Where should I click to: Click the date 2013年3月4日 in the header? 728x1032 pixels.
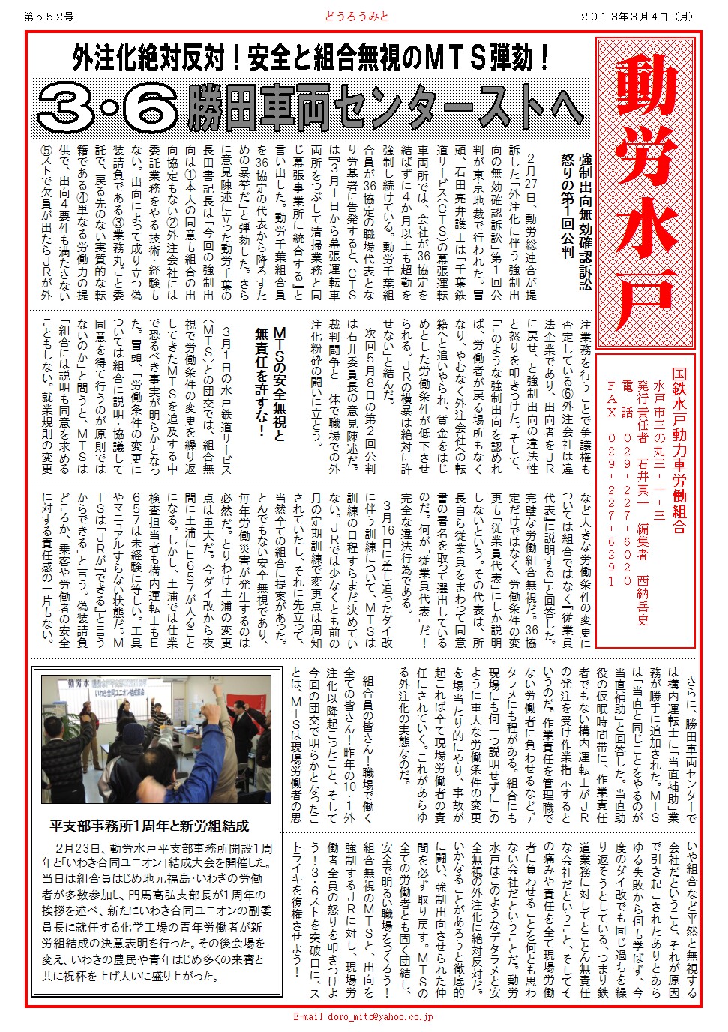coord(637,16)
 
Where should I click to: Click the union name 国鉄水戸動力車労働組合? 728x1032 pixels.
coord(679,450)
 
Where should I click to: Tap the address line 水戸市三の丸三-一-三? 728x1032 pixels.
coord(660,450)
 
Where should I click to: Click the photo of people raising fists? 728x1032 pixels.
coord(156,739)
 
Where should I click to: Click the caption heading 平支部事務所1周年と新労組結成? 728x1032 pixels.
coord(149,826)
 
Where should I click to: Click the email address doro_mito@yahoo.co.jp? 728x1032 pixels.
coord(363,1017)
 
